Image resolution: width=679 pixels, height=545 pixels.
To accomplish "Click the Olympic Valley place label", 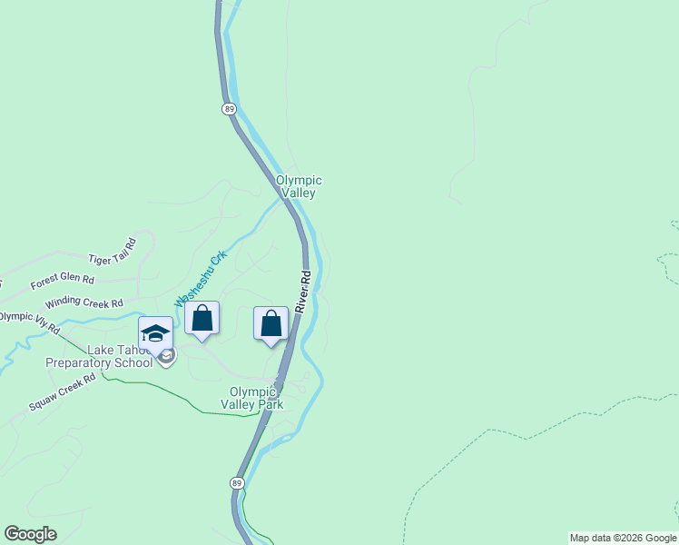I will [x=298, y=186].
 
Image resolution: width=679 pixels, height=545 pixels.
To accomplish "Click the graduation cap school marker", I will [x=155, y=333].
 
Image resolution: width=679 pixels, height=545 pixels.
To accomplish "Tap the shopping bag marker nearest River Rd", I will [x=271, y=323].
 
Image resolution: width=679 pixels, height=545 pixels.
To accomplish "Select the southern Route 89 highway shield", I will [x=237, y=482].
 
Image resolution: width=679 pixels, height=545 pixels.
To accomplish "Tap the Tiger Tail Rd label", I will [x=112, y=252].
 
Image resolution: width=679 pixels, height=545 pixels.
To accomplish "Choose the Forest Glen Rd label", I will [x=62, y=282].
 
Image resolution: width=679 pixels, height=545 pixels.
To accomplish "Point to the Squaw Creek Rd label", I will [x=62, y=391].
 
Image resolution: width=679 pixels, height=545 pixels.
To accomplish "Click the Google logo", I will [x=30, y=534].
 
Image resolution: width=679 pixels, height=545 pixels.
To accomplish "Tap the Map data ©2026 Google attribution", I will [x=623, y=538].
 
